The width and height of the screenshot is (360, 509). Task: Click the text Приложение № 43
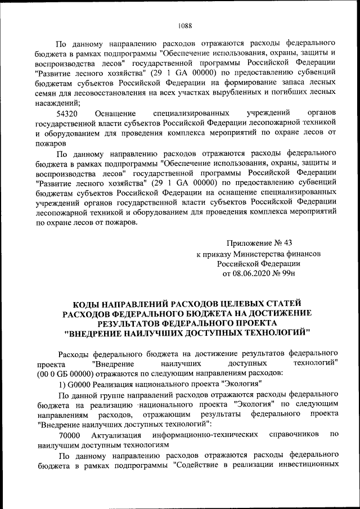(259, 243)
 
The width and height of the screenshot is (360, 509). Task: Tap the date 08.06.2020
(251, 273)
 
